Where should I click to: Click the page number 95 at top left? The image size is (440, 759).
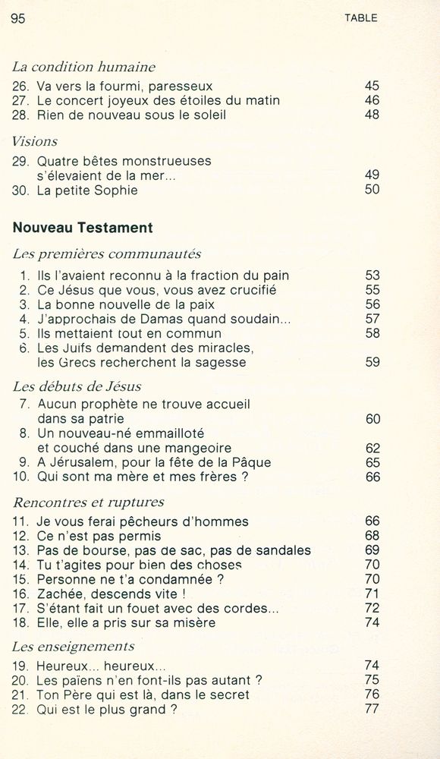point(19,19)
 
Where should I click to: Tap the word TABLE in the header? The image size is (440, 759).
point(360,18)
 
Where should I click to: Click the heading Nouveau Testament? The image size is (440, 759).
point(83,228)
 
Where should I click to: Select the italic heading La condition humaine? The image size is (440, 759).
point(83,67)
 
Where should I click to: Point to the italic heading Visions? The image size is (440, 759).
point(35,141)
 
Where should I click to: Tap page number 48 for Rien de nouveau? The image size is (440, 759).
point(372,115)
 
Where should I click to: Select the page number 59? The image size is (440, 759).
point(372,362)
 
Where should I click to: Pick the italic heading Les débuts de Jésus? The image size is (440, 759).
point(77,386)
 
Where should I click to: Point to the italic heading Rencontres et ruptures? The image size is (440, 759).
point(89,502)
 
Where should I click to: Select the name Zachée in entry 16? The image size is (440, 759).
point(62,594)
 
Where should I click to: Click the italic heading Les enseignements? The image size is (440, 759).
point(73,647)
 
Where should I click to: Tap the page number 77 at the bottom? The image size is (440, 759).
point(372,710)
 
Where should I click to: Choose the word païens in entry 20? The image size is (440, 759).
point(83,681)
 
